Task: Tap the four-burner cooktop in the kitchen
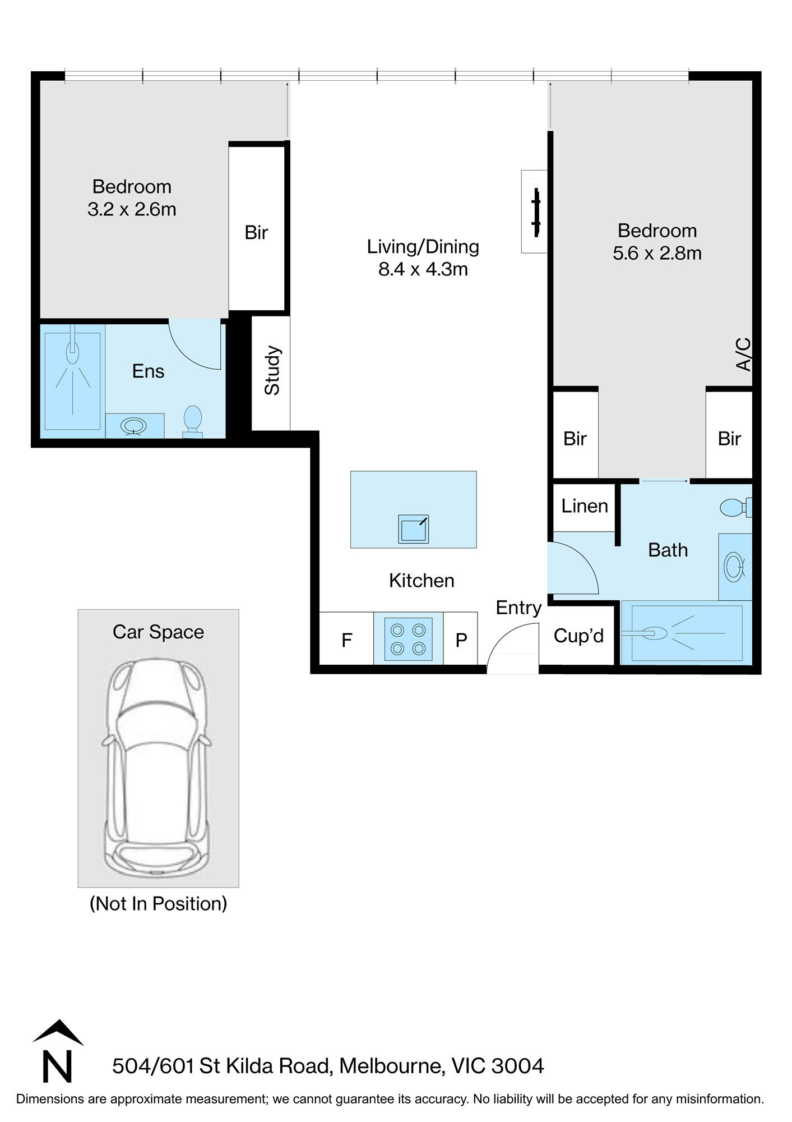408,639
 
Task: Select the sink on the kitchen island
414,529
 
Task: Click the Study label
272,370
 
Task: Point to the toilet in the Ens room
193,421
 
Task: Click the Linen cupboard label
585,506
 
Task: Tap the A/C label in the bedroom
743,354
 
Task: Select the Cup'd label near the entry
578,636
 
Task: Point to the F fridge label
347,640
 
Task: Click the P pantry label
461,640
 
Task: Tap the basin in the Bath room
734,567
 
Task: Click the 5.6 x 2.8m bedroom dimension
657,253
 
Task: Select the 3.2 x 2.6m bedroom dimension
132,209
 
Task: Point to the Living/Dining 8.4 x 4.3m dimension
423,269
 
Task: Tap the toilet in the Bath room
735,508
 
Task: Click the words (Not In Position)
159,904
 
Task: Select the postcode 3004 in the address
517,1066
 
